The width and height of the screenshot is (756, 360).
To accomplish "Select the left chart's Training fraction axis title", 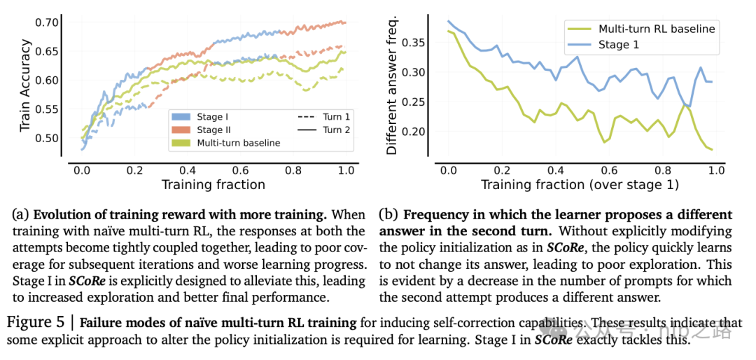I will (x=213, y=185).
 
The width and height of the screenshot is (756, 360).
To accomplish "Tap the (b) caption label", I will (x=387, y=214).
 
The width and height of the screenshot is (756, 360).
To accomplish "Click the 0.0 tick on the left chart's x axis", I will (x=81, y=169).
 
